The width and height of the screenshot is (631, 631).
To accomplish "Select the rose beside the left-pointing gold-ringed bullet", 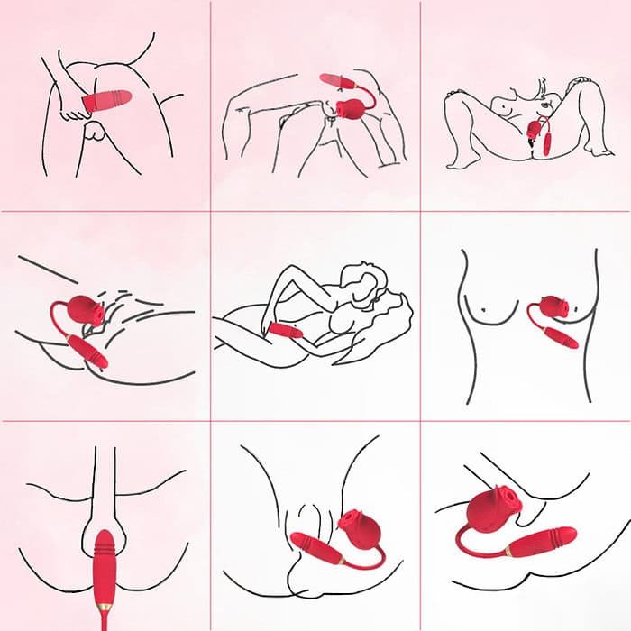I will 353,533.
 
